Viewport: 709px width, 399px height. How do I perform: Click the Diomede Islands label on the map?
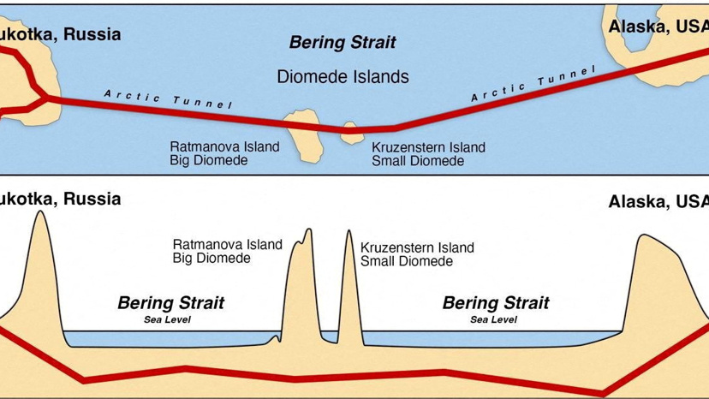click(343, 76)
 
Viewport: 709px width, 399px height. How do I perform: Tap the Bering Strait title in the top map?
click(343, 42)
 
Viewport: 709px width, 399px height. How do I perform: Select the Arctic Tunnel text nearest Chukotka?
click(168, 99)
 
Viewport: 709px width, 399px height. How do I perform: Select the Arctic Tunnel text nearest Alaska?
click(533, 83)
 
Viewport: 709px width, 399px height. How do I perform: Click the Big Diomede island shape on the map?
click(304, 135)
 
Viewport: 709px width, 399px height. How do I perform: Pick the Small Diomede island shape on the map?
click(352, 133)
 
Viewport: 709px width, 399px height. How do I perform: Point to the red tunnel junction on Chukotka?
click(46, 97)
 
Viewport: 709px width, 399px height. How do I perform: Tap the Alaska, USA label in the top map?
click(658, 27)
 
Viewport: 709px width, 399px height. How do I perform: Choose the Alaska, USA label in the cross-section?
click(658, 201)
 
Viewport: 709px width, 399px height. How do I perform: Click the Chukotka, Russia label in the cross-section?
click(61, 199)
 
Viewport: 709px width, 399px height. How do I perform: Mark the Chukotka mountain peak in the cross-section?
click(41, 211)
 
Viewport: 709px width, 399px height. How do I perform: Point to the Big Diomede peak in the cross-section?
click(309, 229)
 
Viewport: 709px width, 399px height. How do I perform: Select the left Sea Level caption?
click(167, 319)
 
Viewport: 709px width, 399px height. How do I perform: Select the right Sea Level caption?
click(493, 319)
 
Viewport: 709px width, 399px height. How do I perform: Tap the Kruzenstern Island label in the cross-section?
click(417, 248)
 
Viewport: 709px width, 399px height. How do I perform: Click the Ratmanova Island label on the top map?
click(224, 146)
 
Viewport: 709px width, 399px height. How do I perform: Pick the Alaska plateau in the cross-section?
click(659, 281)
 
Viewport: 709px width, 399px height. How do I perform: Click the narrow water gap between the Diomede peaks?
click(330, 337)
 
